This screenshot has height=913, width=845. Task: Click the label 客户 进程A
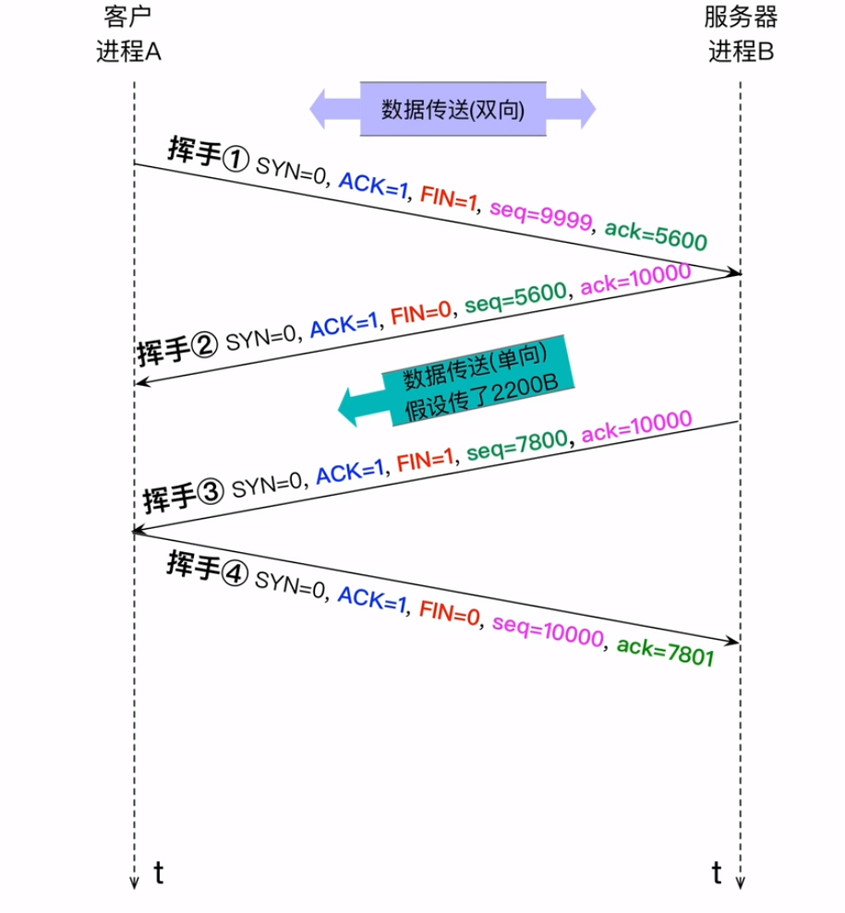pyautogui.click(x=128, y=35)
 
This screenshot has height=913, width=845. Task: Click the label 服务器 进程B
pyautogui.click(x=740, y=35)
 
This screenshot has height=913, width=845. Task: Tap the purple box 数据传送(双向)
pyautogui.click(x=453, y=110)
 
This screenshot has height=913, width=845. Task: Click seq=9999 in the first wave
pyautogui.click(x=539, y=215)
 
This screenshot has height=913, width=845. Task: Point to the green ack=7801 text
pyautogui.click(x=664, y=651)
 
